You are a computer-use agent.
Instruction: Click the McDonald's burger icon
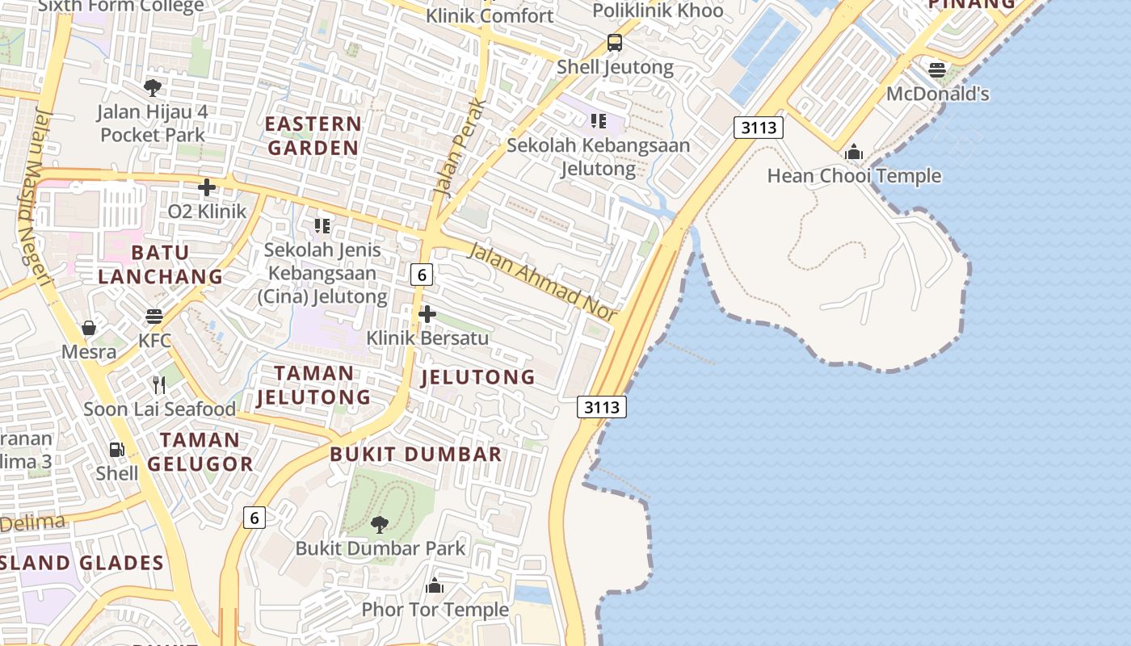[936, 70]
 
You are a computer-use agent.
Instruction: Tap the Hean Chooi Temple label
[854, 176]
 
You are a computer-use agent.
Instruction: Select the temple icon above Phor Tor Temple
[435, 585]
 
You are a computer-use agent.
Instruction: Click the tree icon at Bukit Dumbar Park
[379, 525]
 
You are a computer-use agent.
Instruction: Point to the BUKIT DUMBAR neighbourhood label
[416, 455]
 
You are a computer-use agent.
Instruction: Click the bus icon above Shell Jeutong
[615, 43]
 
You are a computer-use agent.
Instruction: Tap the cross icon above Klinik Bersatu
[427, 314]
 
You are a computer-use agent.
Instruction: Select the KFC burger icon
[154, 316]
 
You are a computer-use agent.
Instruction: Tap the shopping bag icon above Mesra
[89, 328]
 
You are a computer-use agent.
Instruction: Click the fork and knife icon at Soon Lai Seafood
[159, 385]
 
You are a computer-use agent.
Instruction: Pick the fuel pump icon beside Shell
[117, 450]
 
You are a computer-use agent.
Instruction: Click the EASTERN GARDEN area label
[313, 136]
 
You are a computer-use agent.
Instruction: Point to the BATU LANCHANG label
[161, 264]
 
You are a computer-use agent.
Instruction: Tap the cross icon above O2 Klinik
[207, 187]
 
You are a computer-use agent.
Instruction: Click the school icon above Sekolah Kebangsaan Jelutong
[598, 121]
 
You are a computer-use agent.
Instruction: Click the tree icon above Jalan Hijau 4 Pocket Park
[153, 87]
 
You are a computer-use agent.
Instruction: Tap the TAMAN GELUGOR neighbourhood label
[200, 451]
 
